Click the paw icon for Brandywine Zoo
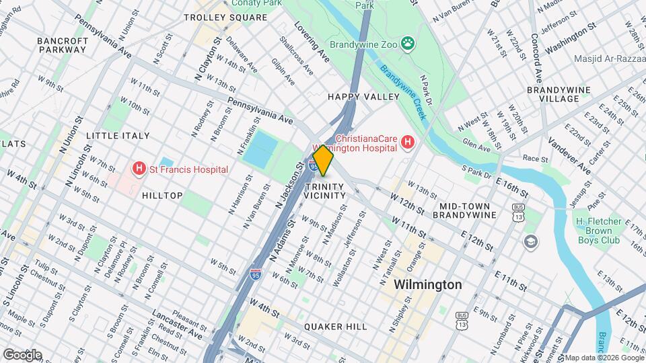407,44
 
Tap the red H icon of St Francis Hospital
140,169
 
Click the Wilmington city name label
428,284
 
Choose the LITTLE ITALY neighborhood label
118,136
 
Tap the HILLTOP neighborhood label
162,196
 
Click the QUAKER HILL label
335,326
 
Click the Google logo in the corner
22,354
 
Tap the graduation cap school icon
531,241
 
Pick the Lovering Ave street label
312,42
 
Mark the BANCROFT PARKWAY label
63,45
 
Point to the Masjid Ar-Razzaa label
609,58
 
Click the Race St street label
535,159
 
